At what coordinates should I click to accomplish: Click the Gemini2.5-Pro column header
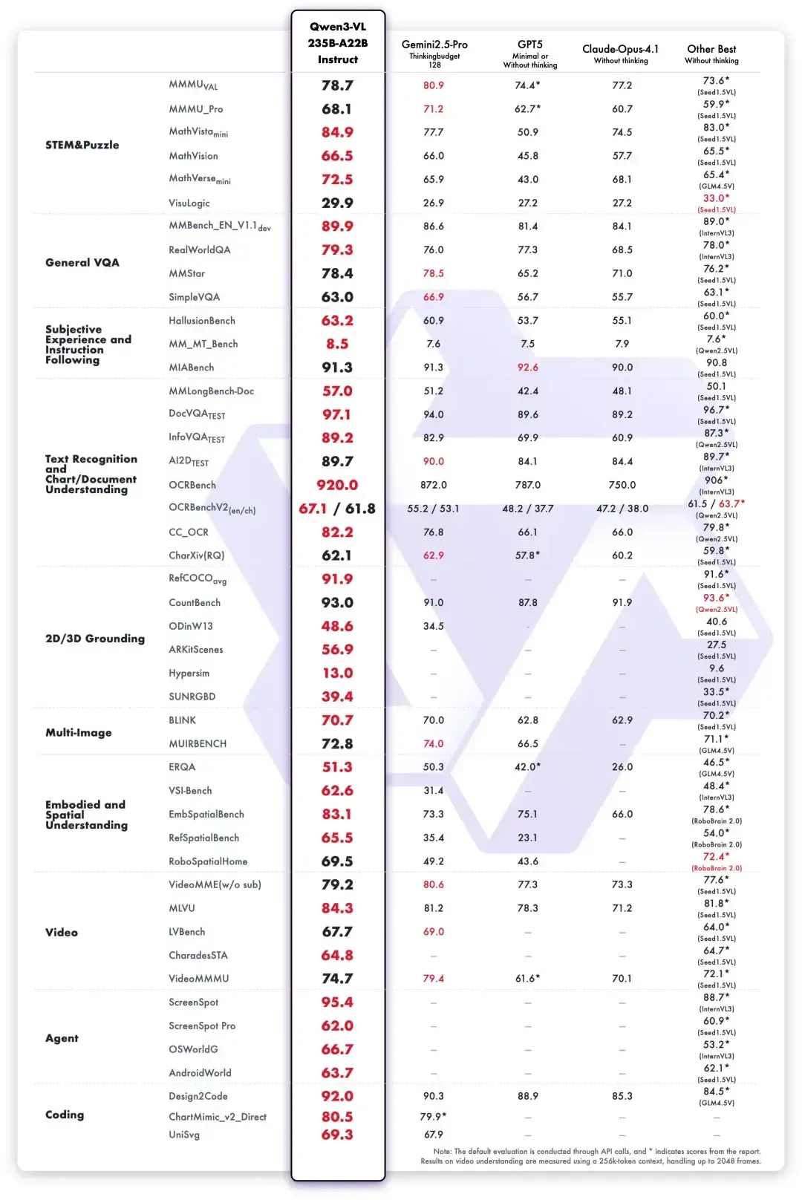click(x=434, y=45)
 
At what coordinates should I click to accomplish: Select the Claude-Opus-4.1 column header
click(x=620, y=50)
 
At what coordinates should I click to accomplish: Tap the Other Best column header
click(x=711, y=50)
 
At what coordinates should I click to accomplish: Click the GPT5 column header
click(x=529, y=45)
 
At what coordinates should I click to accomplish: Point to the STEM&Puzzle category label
click(x=82, y=145)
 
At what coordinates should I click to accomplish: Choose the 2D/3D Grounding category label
click(x=94, y=639)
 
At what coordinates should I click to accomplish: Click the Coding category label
click(x=65, y=1115)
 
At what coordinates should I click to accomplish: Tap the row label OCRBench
click(x=192, y=485)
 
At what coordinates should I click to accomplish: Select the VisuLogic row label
click(x=189, y=203)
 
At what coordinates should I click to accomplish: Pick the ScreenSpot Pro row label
click(x=202, y=1025)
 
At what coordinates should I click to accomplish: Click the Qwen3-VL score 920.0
click(x=337, y=485)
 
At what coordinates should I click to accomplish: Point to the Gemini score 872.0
click(x=434, y=485)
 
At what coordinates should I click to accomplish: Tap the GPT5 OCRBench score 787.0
click(x=528, y=485)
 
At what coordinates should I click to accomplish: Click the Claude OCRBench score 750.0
click(x=622, y=485)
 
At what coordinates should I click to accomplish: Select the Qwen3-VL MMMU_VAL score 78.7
click(x=337, y=85)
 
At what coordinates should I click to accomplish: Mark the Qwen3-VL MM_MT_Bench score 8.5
click(x=337, y=344)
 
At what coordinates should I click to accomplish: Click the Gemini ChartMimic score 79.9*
click(x=434, y=1117)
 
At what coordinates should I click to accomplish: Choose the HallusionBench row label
click(x=202, y=321)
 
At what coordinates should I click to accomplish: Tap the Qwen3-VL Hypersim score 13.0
click(x=337, y=673)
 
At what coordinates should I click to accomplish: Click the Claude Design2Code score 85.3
click(x=622, y=1096)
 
